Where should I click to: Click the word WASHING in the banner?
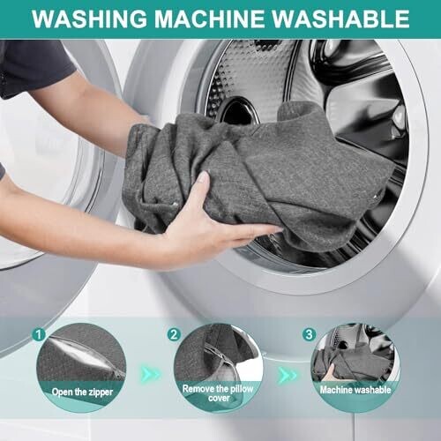(89, 19)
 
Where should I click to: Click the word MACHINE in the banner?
(209, 19)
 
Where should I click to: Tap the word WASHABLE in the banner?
(340, 19)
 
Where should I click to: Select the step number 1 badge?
(39, 334)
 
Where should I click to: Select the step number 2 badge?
(174, 334)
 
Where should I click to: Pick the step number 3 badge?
(309, 334)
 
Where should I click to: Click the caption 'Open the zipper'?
(82, 392)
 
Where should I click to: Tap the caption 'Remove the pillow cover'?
(218, 393)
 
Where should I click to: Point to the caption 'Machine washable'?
(355, 390)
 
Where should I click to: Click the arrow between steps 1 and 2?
(151, 374)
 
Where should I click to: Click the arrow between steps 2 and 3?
(287, 374)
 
